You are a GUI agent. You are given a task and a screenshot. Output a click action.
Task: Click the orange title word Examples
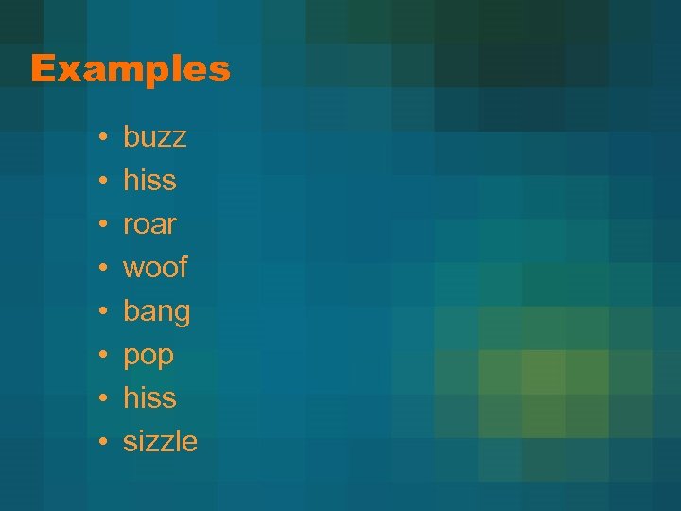tap(131, 69)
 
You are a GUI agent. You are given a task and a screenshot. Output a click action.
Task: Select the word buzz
tap(155, 137)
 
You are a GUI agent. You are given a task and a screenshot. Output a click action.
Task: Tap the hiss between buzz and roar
tap(149, 180)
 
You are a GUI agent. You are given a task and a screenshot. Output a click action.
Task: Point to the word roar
tap(149, 224)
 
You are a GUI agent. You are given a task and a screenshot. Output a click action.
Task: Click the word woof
tap(155, 268)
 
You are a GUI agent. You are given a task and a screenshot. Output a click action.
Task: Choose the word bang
tap(157, 312)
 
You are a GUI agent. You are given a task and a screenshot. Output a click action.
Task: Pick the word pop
tap(148, 356)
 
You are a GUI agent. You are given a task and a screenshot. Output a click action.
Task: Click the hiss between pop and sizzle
tap(149, 397)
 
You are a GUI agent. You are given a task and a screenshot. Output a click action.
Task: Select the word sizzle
tap(161, 441)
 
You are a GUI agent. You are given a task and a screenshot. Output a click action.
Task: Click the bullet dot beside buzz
tap(100, 138)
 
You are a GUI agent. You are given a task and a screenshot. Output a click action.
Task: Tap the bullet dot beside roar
tap(100, 225)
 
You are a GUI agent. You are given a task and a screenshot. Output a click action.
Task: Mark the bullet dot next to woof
tap(100, 269)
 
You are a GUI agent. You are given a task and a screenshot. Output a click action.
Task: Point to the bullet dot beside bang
tap(100, 312)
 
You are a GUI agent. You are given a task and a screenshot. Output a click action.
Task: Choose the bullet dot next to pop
tap(100, 356)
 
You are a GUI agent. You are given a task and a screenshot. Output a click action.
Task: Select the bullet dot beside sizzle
tap(100, 442)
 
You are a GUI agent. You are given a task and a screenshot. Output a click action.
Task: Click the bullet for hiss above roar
tap(100, 182)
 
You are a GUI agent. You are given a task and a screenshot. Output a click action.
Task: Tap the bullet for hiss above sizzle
tap(100, 398)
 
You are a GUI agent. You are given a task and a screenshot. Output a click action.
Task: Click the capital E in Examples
tap(42, 69)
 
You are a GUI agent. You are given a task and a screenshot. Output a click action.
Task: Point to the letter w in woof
tap(134, 270)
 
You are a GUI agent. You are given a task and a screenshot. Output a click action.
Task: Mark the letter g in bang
tap(181, 314)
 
